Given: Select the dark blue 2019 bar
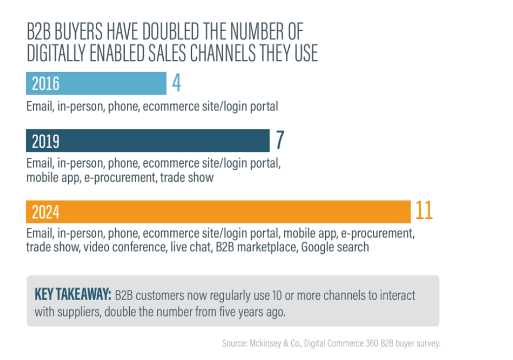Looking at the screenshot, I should [148, 141].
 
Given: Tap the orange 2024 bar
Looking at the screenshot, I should [218, 212].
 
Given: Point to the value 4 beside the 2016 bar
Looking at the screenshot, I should [176, 84].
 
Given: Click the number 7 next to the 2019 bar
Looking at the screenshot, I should [280, 141].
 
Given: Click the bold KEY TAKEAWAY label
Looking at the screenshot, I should [73, 295].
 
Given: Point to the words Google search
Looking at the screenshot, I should [335, 247].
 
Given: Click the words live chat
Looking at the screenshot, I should [189, 247].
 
